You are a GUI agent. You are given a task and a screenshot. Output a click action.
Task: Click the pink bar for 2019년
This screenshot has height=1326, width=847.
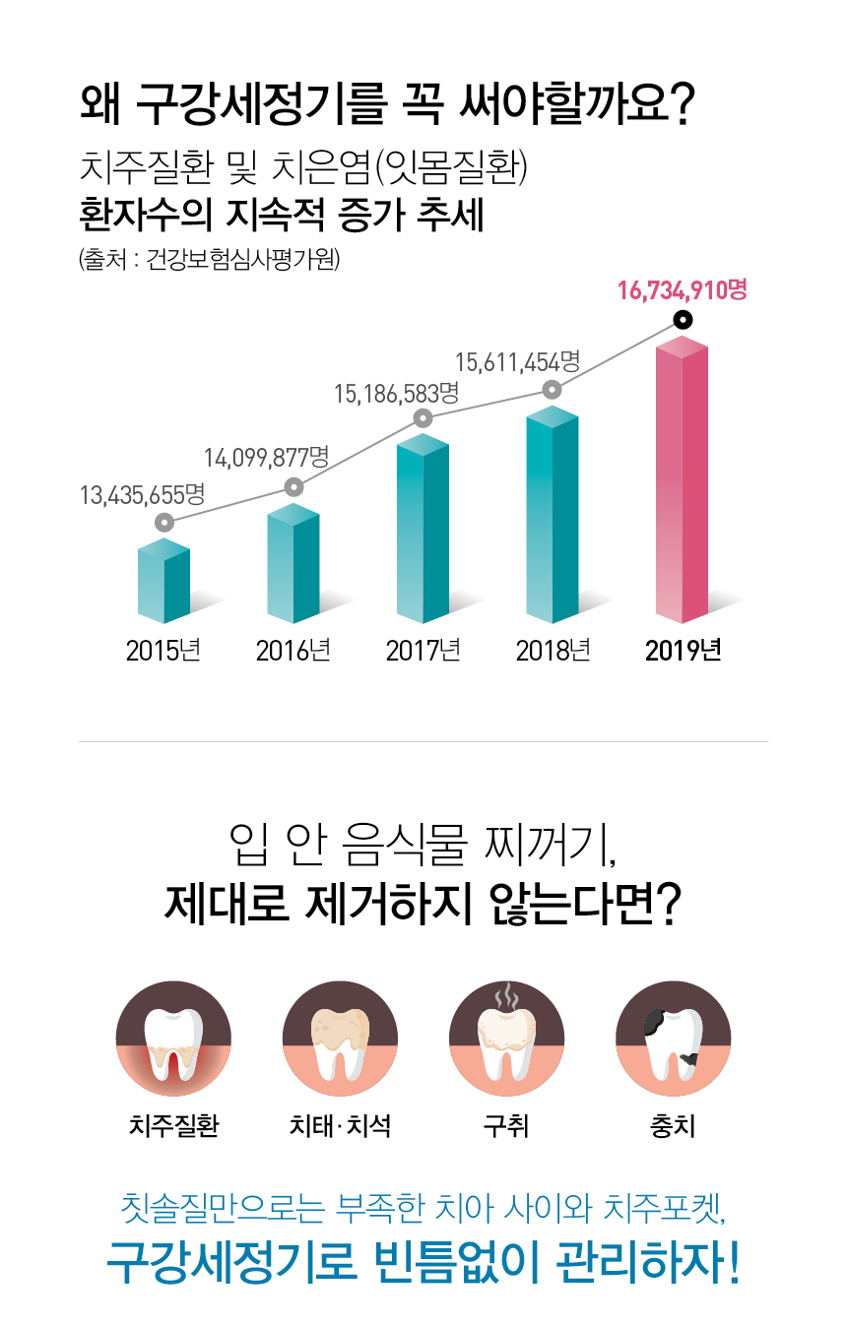pyautogui.click(x=682, y=482)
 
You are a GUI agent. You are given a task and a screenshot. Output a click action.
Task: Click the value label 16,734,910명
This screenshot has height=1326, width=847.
pyautogui.click(x=683, y=290)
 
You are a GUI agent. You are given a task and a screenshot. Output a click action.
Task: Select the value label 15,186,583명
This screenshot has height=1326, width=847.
pyautogui.click(x=397, y=394)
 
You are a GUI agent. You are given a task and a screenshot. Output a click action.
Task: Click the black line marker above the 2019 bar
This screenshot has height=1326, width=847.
pyautogui.click(x=682, y=320)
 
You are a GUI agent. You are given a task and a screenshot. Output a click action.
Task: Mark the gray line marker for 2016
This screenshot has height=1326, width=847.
pyautogui.click(x=293, y=486)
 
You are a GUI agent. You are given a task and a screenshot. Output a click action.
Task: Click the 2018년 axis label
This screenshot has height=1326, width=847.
pyautogui.click(x=553, y=651)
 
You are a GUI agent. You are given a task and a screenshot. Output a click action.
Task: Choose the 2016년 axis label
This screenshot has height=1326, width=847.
pyautogui.click(x=293, y=651)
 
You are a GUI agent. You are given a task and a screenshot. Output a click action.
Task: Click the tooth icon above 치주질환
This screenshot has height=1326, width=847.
pyautogui.click(x=173, y=1040)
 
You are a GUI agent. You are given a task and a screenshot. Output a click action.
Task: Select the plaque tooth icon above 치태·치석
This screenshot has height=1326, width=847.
pyautogui.click(x=340, y=1040)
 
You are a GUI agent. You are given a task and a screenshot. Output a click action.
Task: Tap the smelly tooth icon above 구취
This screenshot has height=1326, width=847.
pyautogui.click(x=506, y=1040)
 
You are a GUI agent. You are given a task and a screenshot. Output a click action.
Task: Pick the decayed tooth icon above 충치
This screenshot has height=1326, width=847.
pyautogui.click(x=673, y=1040)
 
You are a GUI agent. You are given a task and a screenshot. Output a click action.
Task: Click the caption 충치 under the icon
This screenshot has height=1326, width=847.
pyautogui.click(x=673, y=1125)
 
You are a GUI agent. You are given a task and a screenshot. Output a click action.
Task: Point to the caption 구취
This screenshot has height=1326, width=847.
pyautogui.click(x=506, y=1125)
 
